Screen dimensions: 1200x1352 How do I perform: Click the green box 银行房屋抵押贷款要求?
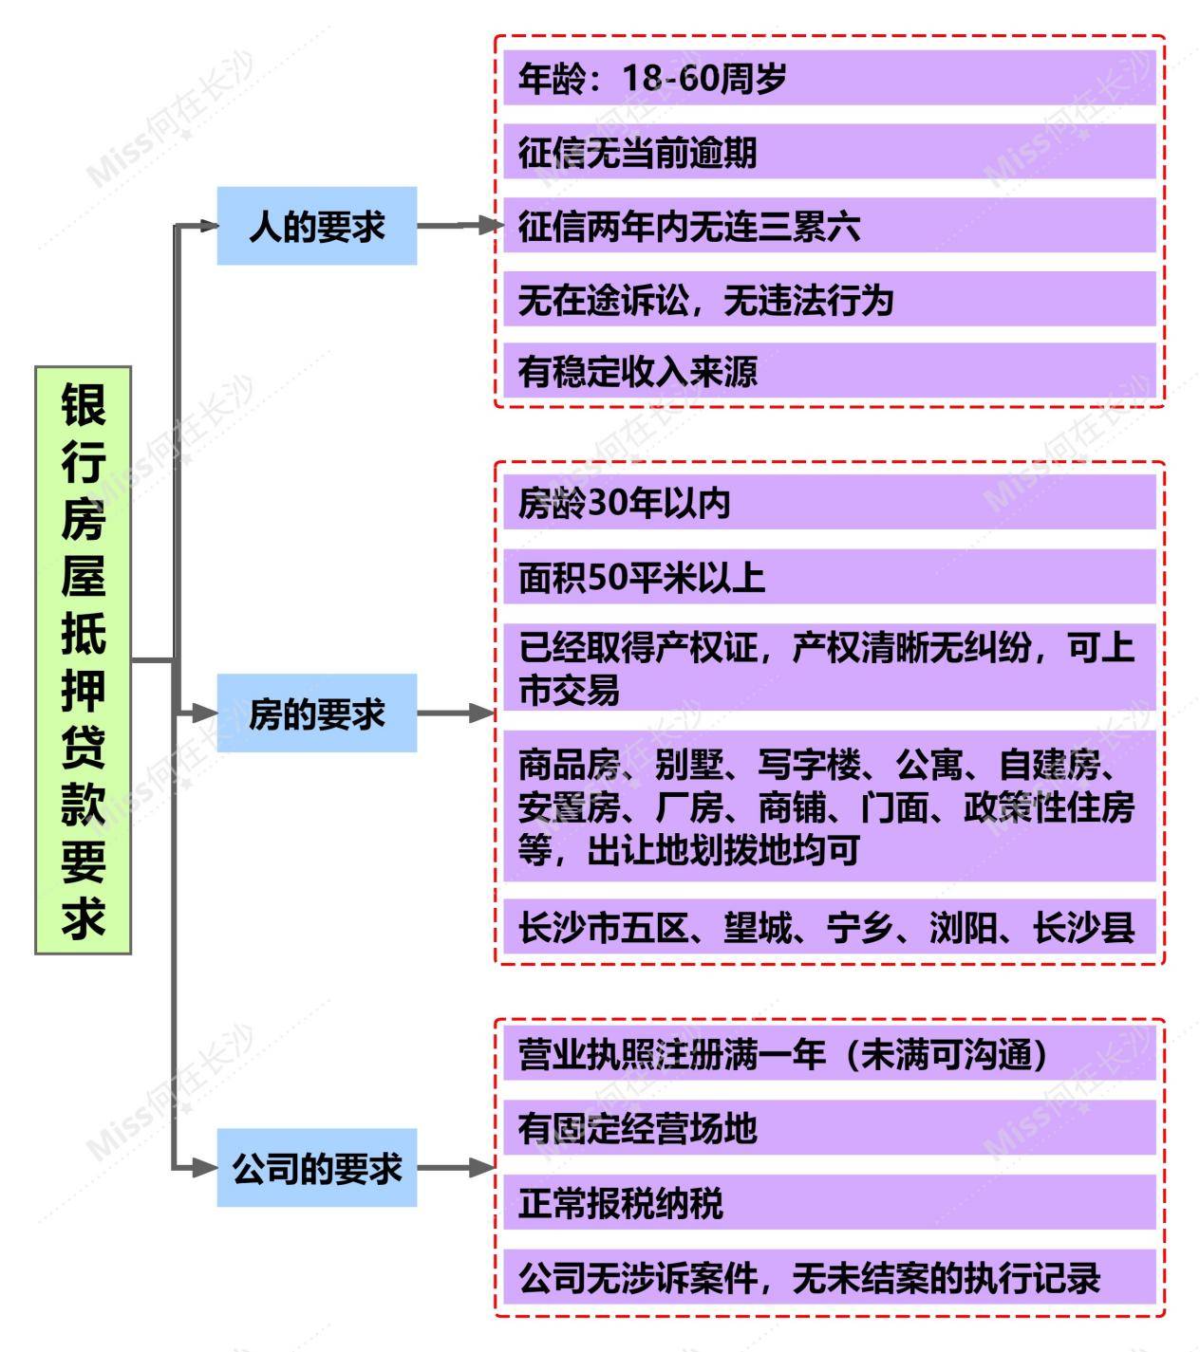click(83, 660)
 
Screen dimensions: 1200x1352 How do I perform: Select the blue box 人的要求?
click(317, 226)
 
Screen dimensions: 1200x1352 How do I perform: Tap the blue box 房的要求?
click(317, 713)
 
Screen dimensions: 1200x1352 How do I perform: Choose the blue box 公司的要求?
click(317, 1168)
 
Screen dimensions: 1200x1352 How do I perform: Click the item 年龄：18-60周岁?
click(830, 78)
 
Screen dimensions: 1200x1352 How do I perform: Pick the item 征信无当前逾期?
click(830, 152)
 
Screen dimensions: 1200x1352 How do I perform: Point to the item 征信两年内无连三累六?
click(830, 225)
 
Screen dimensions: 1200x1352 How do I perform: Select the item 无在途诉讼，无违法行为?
click(830, 299)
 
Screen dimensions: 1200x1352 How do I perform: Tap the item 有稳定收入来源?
click(830, 370)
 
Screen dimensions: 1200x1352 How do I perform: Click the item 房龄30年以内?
click(830, 503)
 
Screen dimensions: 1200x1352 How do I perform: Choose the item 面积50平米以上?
click(830, 577)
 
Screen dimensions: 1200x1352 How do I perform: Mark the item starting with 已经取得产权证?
click(830, 667)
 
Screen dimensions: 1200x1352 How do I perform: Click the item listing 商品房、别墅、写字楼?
click(830, 806)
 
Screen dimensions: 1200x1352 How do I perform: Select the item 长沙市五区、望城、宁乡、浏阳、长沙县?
click(830, 927)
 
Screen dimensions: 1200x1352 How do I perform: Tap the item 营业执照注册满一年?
click(830, 1054)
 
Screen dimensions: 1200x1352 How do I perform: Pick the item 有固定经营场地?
click(830, 1128)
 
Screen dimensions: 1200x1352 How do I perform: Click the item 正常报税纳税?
click(830, 1203)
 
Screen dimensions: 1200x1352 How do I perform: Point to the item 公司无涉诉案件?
click(830, 1278)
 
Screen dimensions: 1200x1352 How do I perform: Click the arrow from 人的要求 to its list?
click(460, 226)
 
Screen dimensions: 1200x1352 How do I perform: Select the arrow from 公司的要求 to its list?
click(456, 1168)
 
